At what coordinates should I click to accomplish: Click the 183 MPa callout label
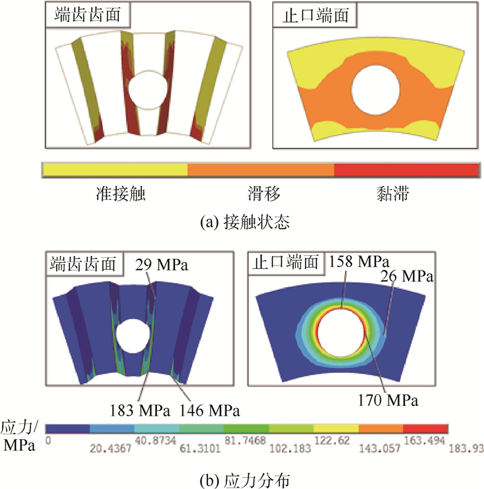(x=140, y=410)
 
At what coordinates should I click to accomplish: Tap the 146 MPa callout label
(x=210, y=410)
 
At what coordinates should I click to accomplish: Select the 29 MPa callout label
(x=162, y=265)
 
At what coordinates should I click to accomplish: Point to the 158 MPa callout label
(x=360, y=261)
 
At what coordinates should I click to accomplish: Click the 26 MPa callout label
(x=407, y=276)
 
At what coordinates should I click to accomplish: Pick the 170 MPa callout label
(x=388, y=400)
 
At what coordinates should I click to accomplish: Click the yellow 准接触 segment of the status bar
(x=115, y=169)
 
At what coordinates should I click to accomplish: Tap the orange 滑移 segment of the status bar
(x=261, y=169)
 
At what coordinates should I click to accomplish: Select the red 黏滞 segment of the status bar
(x=407, y=169)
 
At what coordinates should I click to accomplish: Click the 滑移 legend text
(x=264, y=194)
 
